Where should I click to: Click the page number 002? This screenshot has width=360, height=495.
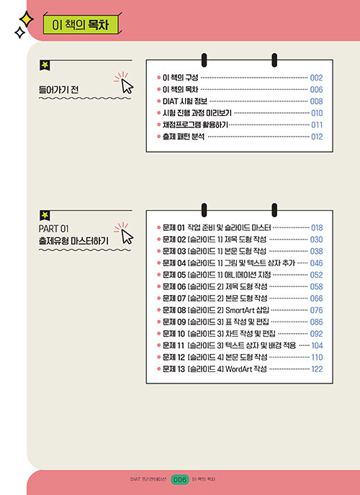click(x=316, y=78)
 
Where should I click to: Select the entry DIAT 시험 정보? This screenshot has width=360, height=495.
click(x=185, y=101)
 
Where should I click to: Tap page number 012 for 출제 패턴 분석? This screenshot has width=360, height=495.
click(x=317, y=137)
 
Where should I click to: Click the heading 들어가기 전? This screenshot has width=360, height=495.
click(x=58, y=90)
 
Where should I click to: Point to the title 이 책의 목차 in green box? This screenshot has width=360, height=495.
click(x=80, y=25)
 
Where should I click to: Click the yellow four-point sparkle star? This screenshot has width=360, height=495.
click(x=27, y=19)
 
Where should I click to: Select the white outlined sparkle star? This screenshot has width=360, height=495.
click(x=20, y=32)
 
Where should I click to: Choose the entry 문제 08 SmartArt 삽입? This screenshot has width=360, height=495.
click(x=216, y=310)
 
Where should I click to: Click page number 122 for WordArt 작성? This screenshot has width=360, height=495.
click(x=317, y=369)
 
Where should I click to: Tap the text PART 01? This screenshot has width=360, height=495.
click(x=53, y=228)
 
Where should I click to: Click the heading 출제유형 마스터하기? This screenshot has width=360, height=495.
click(x=73, y=241)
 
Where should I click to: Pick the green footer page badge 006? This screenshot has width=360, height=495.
click(x=180, y=480)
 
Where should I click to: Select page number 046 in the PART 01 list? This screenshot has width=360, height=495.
click(x=316, y=263)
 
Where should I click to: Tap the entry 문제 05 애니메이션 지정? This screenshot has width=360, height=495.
click(x=217, y=275)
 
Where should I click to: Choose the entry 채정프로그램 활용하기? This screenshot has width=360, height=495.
click(x=195, y=124)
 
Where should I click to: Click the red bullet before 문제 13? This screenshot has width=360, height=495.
click(x=159, y=368)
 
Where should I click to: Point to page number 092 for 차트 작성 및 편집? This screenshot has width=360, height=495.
click(x=316, y=334)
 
